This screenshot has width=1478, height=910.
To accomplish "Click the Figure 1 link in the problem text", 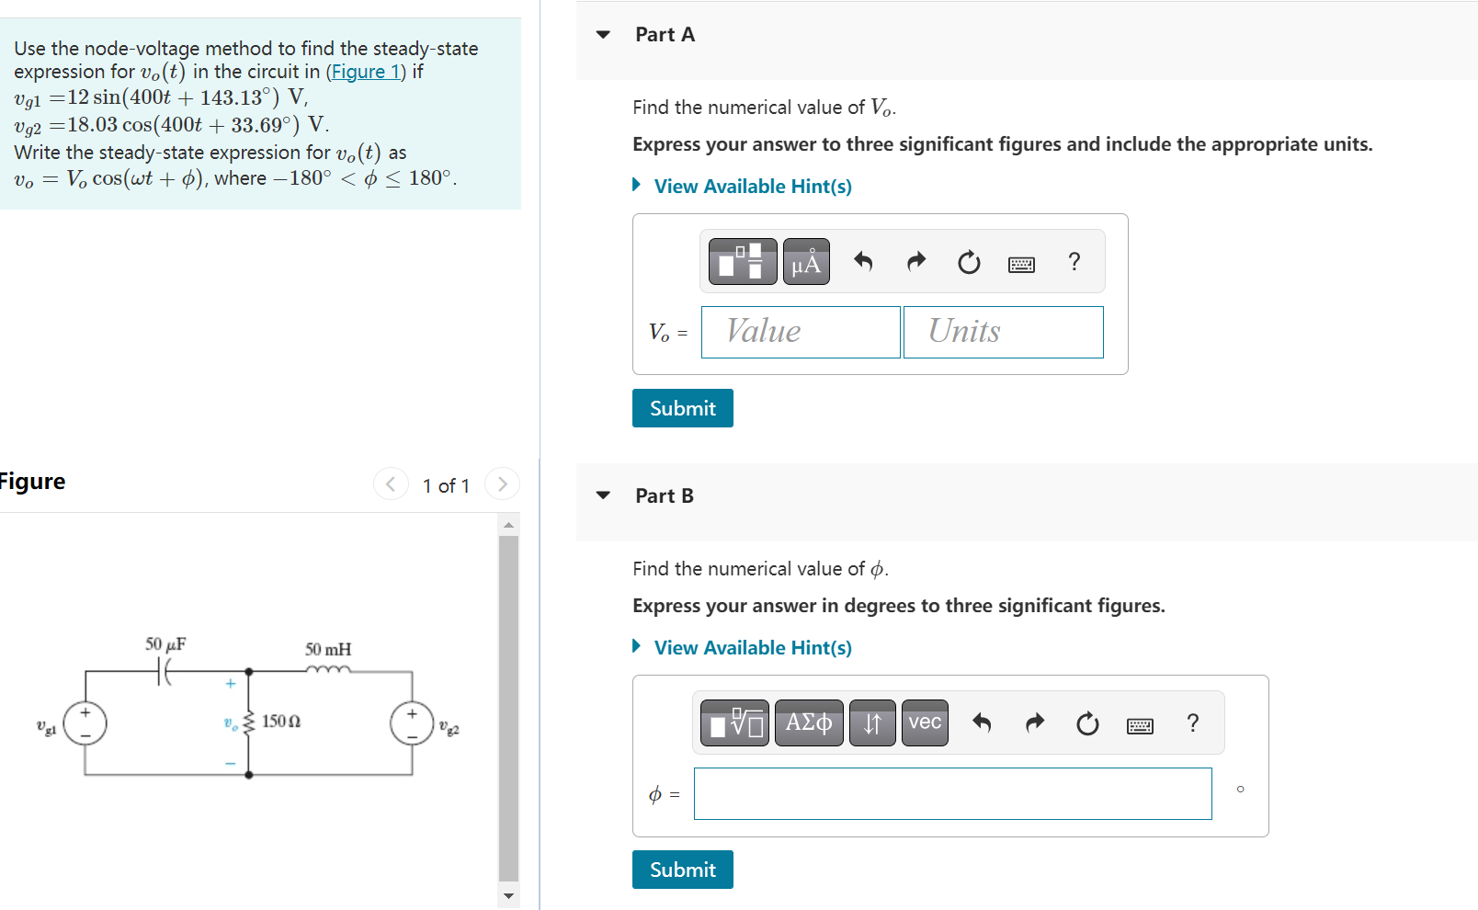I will click(366, 72).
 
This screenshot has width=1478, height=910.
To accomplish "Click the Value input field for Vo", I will click(800, 332).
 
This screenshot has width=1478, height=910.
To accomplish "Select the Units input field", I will click(1003, 332).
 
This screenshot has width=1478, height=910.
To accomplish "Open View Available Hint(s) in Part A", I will click(752, 187).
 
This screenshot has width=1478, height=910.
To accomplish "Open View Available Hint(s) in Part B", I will click(752, 648).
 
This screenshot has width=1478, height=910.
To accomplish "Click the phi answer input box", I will click(952, 793).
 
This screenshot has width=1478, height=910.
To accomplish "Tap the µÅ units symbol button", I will click(806, 262).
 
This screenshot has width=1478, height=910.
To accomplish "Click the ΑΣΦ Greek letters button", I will click(809, 722).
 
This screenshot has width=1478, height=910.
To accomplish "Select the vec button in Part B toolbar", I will click(925, 722).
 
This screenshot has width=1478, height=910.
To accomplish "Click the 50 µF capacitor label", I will click(165, 644).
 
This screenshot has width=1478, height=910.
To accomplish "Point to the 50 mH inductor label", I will click(328, 650).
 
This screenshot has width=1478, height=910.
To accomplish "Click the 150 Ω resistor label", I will click(281, 722).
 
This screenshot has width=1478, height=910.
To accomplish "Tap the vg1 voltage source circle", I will click(85, 723).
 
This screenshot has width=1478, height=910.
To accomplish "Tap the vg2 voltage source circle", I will click(412, 723).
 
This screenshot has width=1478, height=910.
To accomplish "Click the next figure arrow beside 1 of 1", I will click(502, 483).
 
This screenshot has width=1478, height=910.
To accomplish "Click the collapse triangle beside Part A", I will click(603, 35).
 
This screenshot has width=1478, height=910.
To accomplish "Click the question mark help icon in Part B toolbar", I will click(1193, 723).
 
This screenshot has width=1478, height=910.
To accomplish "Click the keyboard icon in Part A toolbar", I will click(1021, 265).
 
